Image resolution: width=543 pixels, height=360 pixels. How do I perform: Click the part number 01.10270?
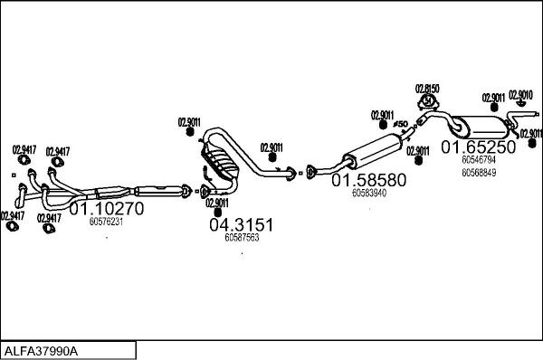(x=108, y=208)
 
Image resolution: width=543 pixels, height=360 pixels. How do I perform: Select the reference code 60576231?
(x=107, y=221)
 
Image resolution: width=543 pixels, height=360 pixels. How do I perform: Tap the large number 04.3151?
(x=241, y=224)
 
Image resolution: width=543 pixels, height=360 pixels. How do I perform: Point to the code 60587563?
(x=241, y=237)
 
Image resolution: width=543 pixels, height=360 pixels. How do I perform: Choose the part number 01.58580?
(x=368, y=180)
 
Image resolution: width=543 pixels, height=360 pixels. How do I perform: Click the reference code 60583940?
(x=368, y=193)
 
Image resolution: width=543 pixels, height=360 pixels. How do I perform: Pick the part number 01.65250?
(x=478, y=147)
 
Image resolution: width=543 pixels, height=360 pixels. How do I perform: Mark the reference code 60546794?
(x=478, y=159)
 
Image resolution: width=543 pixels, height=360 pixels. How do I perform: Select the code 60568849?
(x=478, y=171)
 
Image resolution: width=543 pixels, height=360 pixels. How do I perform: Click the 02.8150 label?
(x=427, y=89)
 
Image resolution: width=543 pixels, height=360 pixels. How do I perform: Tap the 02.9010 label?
(x=521, y=94)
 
